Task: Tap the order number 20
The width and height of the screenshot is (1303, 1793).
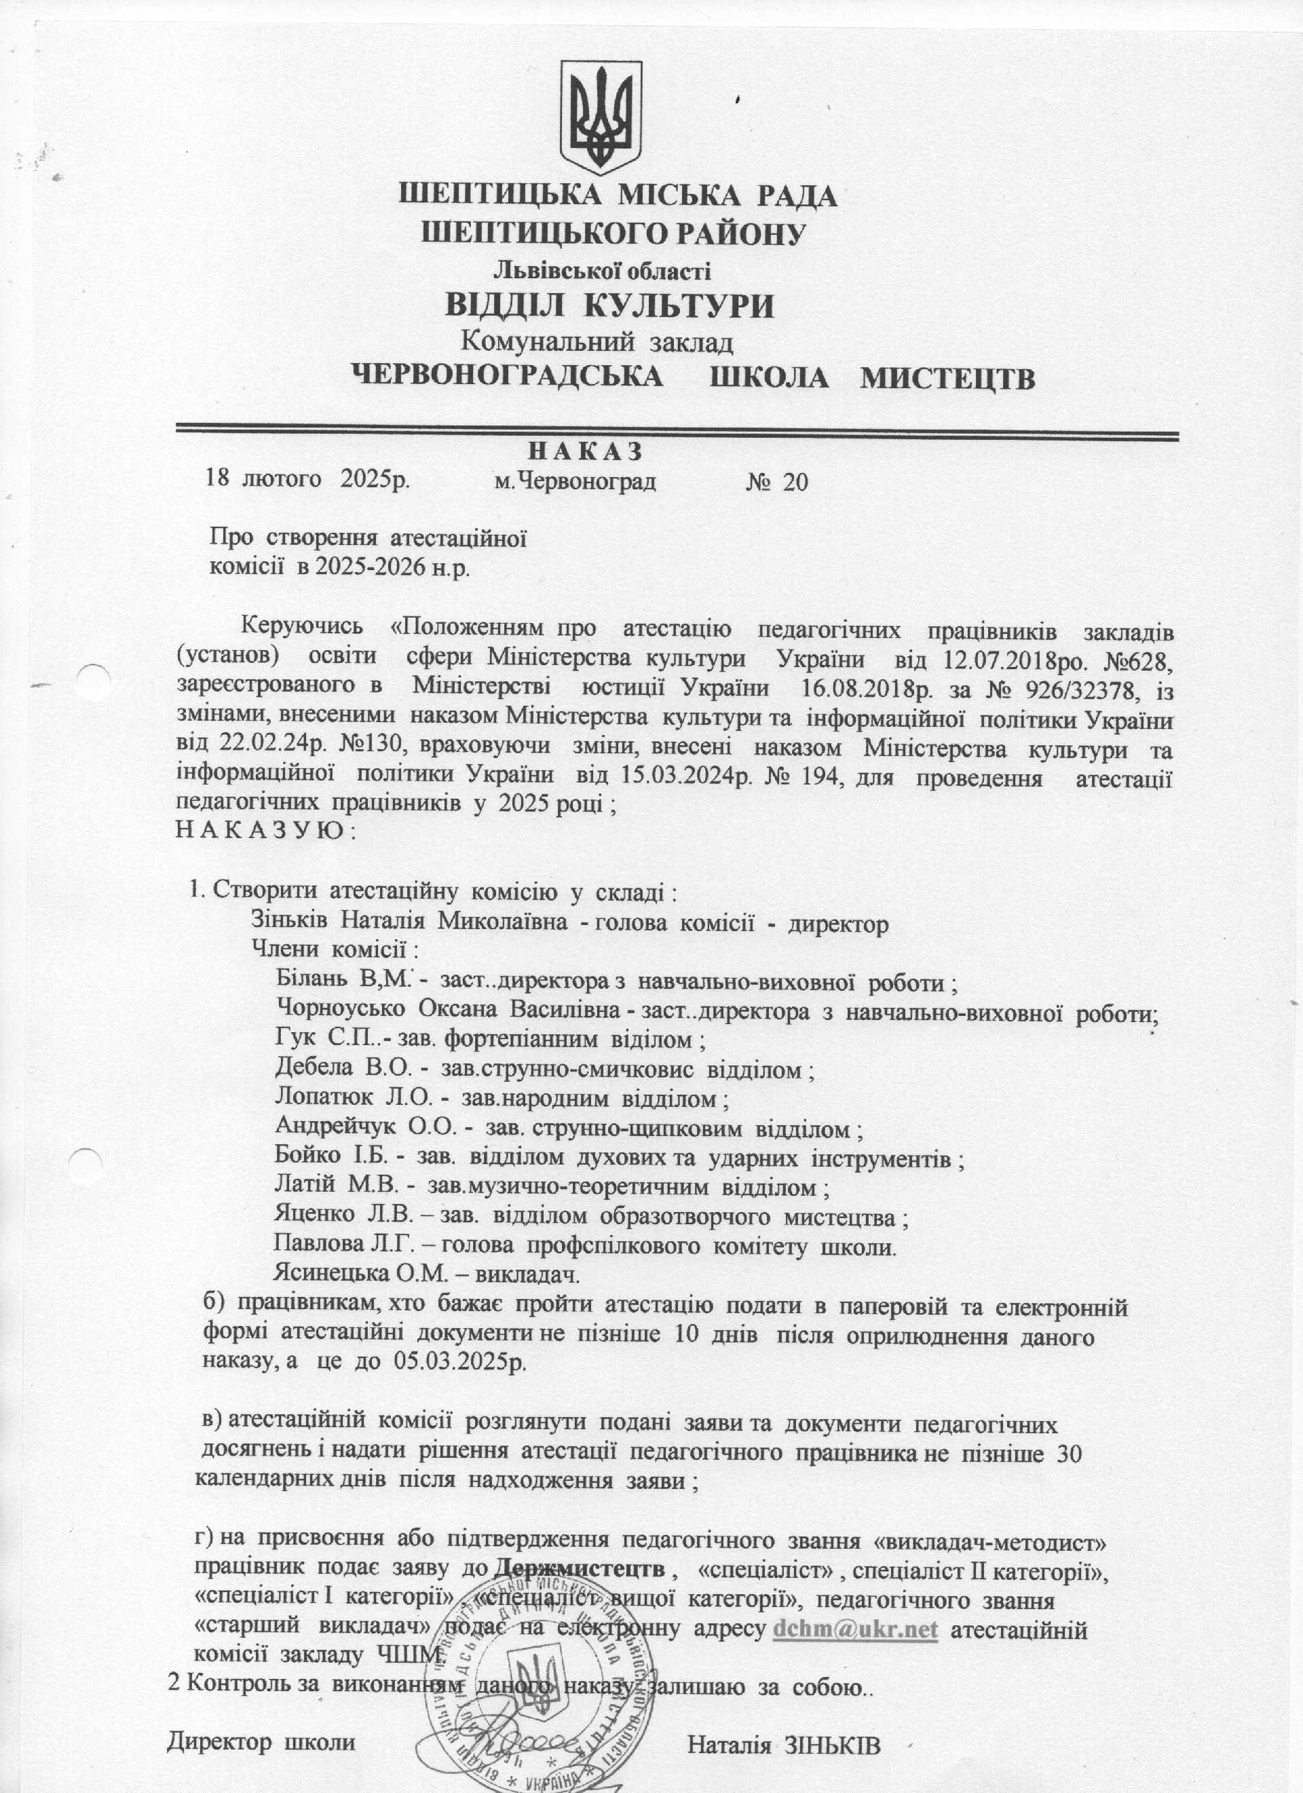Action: point(795,481)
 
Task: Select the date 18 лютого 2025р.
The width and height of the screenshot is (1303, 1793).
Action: point(307,479)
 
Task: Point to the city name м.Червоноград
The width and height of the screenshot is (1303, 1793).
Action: point(575,480)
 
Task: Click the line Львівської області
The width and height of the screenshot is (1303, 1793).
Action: point(603,271)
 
